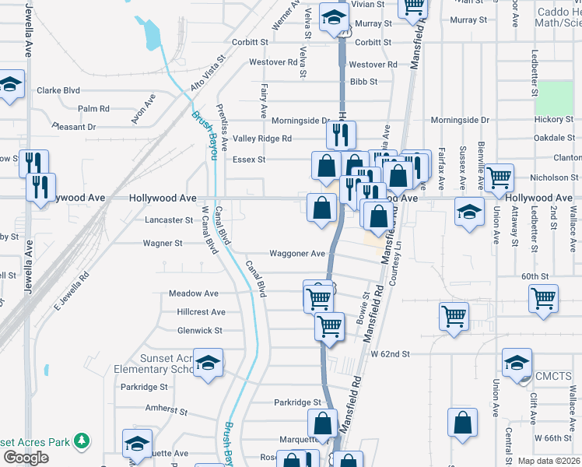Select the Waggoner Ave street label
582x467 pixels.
point(296,254)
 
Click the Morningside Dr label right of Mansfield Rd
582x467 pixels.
point(460,121)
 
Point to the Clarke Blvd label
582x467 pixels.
point(58,91)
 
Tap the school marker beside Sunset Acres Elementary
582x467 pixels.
point(208,362)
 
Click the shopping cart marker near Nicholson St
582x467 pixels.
point(499,177)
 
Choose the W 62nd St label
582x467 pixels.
point(390,355)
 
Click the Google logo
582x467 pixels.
point(26,458)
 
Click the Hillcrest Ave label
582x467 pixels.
point(201,312)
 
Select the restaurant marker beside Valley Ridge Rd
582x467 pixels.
point(341,135)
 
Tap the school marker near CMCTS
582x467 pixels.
point(517,363)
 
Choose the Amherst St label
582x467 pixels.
point(167,408)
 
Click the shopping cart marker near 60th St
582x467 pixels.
point(543,298)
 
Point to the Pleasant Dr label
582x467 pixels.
point(74,126)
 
